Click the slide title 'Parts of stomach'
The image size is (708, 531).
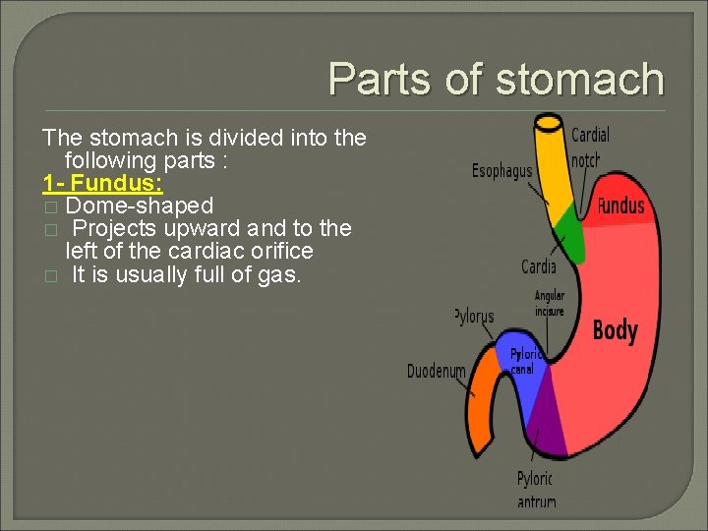pyautogui.click(x=496, y=80)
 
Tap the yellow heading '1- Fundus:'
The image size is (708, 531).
pyautogui.click(x=102, y=183)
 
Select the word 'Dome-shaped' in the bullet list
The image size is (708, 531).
pyautogui.click(x=139, y=206)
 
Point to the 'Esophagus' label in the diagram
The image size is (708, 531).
pyautogui.click(x=501, y=171)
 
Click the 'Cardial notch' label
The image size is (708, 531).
pyautogui.click(x=590, y=146)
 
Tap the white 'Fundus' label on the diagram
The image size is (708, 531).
pyautogui.click(x=620, y=206)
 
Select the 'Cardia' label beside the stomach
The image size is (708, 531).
pyautogui.click(x=539, y=266)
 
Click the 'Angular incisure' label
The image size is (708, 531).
pyautogui.click(x=550, y=304)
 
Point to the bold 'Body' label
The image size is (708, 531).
pyautogui.click(x=615, y=330)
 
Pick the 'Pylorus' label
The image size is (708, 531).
pyautogui.click(x=475, y=316)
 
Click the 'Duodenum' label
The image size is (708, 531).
pyautogui.click(x=436, y=372)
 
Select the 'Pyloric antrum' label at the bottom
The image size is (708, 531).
pyautogui.click(x=536, y=490)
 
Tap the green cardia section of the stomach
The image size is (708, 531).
pyautogui.click(x=567, y=236)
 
